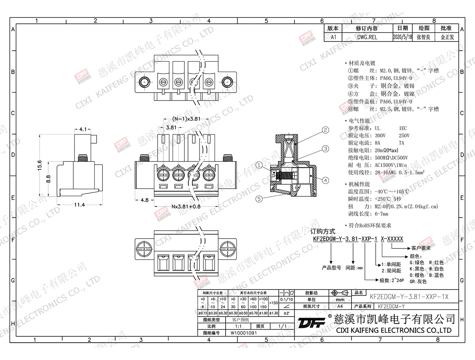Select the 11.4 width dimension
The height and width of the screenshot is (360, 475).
point(79,205)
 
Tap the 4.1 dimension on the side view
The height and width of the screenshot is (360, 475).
point(84,129)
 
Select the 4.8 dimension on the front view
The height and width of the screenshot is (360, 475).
point(144,200)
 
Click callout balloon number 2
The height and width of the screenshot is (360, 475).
point(325,129)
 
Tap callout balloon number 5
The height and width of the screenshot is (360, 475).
point(259,199)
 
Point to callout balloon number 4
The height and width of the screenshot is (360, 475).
point(325,180)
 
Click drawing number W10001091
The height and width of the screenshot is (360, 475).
point(244,333)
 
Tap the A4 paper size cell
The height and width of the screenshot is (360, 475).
point(340,306)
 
